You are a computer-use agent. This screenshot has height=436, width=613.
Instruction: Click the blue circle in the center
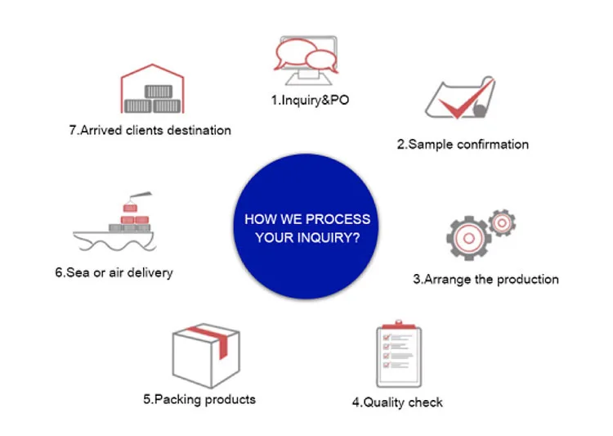306,227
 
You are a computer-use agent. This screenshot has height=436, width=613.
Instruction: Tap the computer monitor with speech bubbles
306,60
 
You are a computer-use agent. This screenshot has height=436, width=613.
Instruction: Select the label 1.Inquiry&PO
310,100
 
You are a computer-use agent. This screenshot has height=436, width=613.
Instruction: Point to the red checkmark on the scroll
465,99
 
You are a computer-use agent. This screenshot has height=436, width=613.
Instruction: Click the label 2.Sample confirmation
463,145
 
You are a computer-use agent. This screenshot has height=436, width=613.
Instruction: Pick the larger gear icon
469,237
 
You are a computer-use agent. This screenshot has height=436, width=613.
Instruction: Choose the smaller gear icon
503,222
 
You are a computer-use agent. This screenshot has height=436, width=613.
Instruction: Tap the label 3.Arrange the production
485,280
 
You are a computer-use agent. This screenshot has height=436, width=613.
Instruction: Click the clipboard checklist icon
399,354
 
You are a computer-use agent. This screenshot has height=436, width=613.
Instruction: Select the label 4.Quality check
397,402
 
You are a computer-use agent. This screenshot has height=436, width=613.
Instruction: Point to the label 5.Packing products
199,399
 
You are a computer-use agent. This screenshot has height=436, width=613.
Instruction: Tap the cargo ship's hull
114,240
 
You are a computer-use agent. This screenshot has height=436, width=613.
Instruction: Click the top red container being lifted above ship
130,208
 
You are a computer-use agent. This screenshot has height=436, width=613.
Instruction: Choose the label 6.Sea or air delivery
114,272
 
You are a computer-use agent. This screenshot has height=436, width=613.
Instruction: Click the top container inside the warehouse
159,92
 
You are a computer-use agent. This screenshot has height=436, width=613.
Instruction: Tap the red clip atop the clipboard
399,325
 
